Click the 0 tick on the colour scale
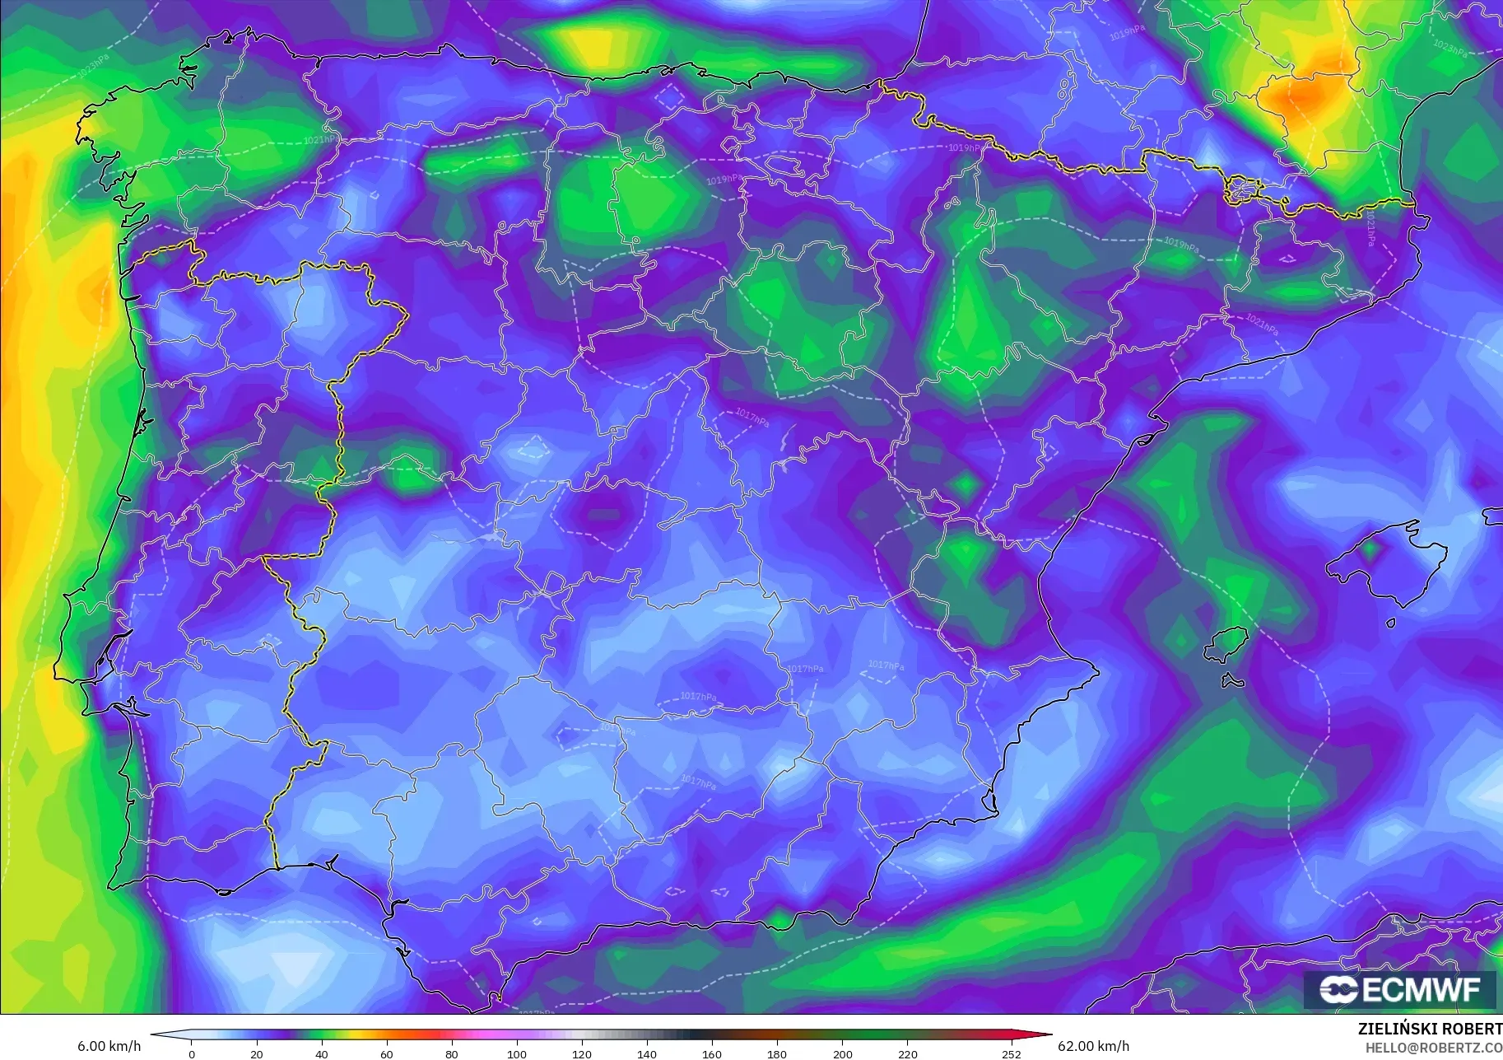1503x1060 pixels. coord(192,1053)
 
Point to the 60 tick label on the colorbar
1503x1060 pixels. coord(387,1053)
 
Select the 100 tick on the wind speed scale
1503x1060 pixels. coord(517,1053)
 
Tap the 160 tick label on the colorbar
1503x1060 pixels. coord(712,1053)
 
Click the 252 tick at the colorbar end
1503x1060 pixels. coord(1011,1053)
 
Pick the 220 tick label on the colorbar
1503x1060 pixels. coord(907,1053)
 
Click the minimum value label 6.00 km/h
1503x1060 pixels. coord(109,1046)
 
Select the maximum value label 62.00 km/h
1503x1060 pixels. coord(1093,1046)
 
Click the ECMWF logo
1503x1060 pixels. coord(1399,989)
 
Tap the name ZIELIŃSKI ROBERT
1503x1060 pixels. coord(1430,1029)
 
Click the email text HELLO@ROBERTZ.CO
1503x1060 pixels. coord(1433,1048)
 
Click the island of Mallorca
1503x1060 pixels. coord(1391,564)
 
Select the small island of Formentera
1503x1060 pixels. coord(1232,681)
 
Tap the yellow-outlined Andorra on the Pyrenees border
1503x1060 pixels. coord(1240,190)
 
